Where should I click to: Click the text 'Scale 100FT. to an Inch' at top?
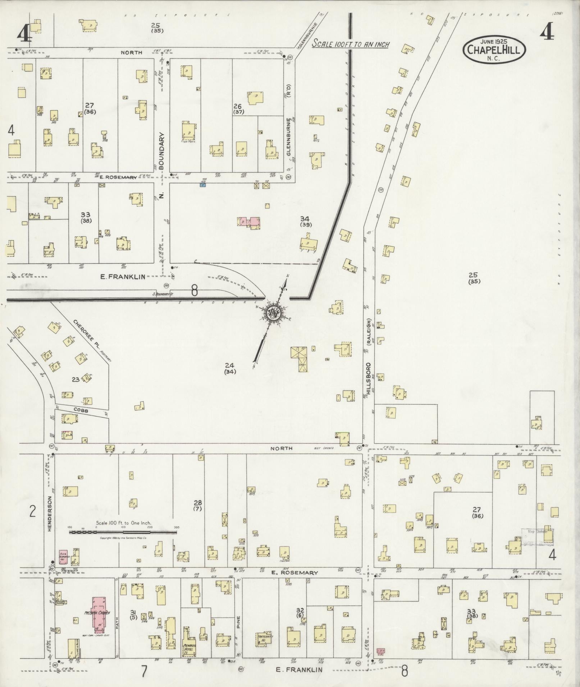tap(351, 45)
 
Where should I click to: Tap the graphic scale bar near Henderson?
tap(123, 532)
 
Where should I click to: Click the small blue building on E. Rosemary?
tap(203, 185)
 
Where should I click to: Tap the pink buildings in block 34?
tap(249, 221)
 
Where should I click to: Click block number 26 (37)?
tap(238, 108)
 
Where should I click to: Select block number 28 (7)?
tap(197, 505)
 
